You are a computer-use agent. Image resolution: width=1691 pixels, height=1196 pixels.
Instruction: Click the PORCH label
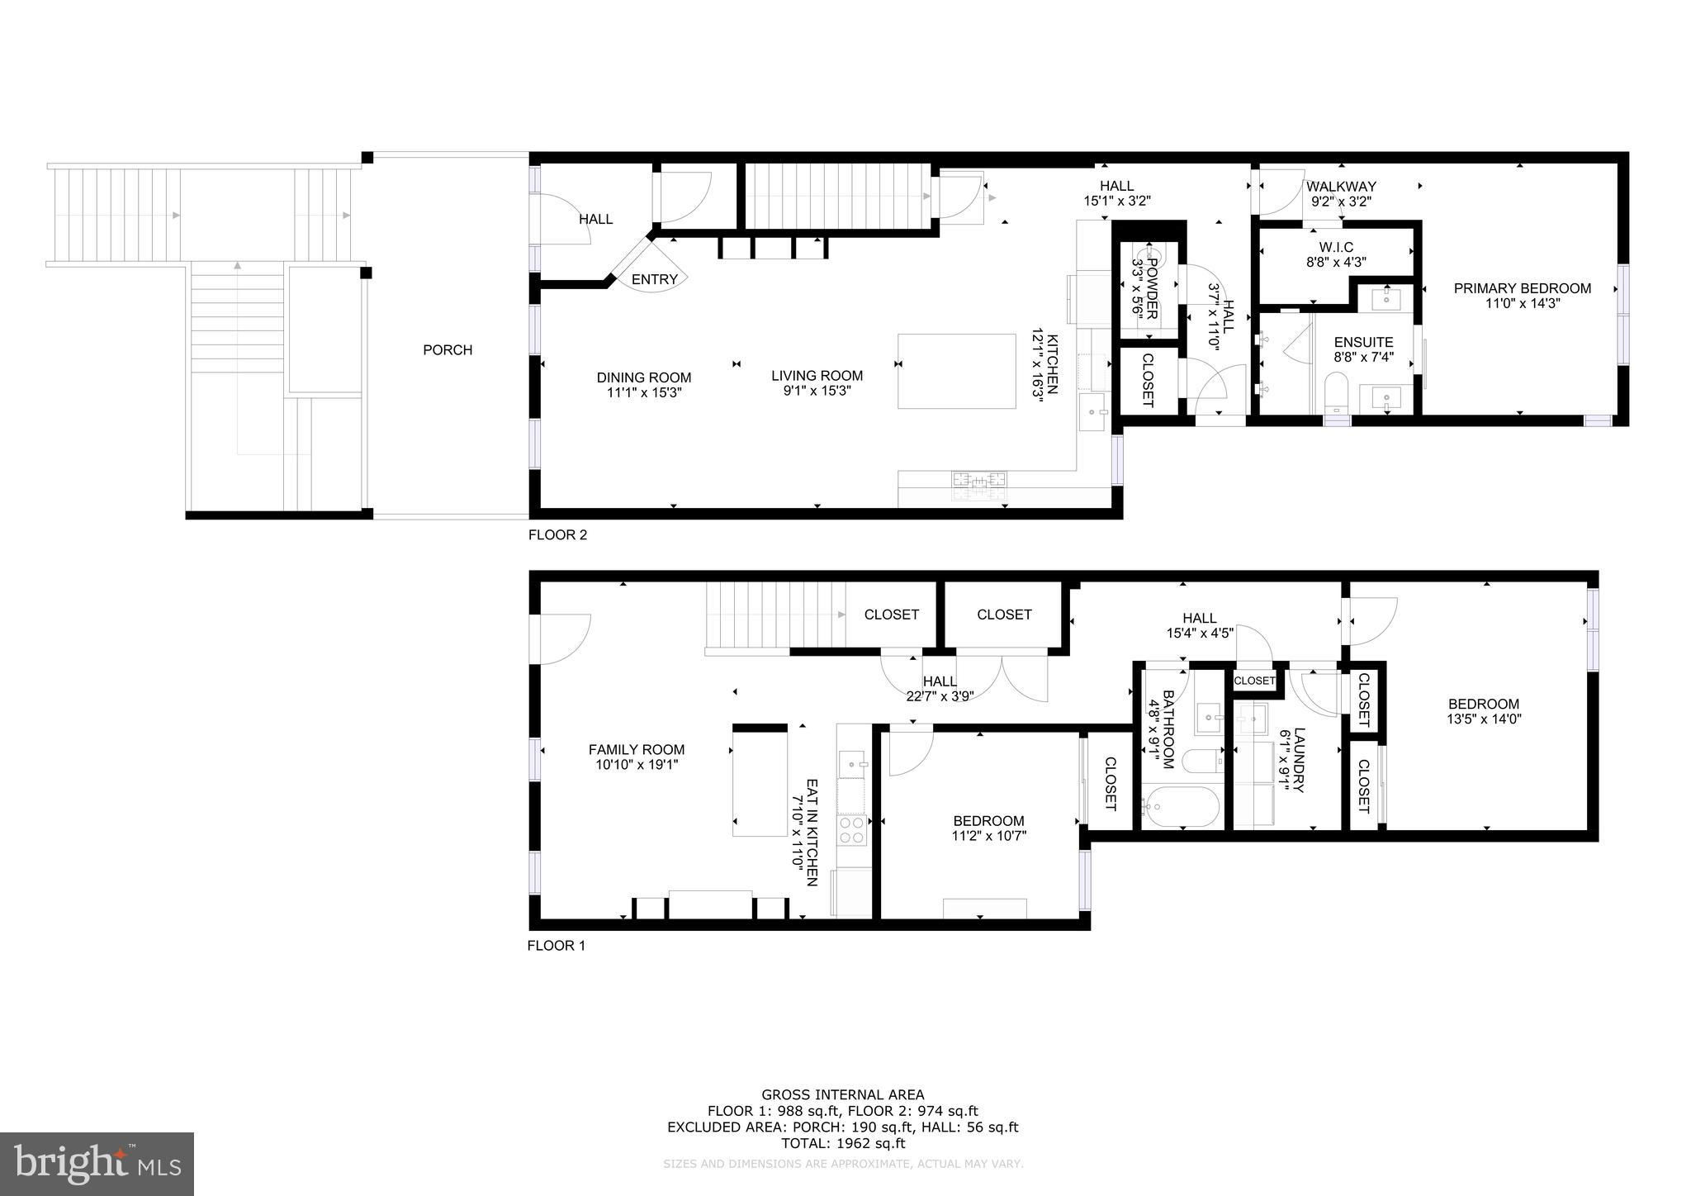(448, 350)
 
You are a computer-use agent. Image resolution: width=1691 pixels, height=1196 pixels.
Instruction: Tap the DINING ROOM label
(644, 378)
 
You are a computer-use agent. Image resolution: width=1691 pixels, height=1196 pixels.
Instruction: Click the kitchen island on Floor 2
(956, 371)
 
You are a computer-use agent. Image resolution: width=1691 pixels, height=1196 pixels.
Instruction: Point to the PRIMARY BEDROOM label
(1523, 288)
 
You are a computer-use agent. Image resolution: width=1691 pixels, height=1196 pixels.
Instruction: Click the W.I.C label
(1336, 248)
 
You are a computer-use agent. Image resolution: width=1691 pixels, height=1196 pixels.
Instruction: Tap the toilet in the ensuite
(1335, 393)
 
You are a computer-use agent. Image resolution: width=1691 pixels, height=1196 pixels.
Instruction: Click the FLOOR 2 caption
(557, 535)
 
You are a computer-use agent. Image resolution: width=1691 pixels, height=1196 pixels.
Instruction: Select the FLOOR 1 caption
(557, 946)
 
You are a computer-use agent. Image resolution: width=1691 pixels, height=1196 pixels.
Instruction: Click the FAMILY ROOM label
(637, 750)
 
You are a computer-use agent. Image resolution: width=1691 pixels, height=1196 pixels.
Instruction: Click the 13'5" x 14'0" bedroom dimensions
(1484, 719)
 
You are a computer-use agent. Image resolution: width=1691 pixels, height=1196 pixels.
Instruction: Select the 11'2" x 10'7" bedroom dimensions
(988, 836)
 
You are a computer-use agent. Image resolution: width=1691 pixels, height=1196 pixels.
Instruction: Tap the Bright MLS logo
(97, 1164)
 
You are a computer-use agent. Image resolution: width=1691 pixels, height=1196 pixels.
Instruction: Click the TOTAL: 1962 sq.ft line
(843, 1144)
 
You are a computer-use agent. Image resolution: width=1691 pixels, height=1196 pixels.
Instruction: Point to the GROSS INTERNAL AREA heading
(843, 1095)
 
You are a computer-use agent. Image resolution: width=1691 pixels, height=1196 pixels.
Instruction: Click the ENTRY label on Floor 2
(655, 280)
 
